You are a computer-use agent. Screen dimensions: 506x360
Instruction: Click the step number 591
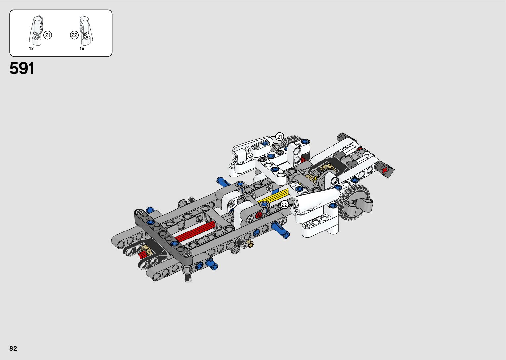[x=22, y=68]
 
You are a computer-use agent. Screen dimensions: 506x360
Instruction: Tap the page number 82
[x=13, y=348]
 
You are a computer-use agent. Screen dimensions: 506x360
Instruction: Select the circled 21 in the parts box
[x=48, y=35]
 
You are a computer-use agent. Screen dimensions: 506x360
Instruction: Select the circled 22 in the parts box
[x=74, y=35]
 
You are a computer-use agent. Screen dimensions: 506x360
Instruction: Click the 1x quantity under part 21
[x=31, y=49]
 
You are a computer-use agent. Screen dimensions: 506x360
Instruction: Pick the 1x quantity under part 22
[x=82, y=49]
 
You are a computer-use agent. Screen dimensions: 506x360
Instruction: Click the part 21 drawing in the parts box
[x=36, y=30]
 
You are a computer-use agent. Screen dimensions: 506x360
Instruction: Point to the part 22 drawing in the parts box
[x=86, y=30]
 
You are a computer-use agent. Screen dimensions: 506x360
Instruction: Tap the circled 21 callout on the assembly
[x=280, y=137]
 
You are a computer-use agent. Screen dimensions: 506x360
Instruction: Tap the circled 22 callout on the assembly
[x=284, y=205]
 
